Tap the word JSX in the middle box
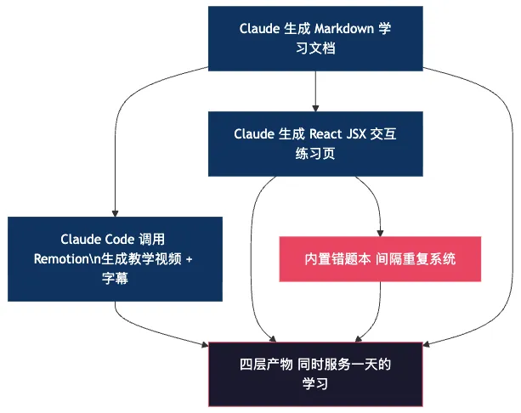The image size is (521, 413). [x=362, y=134]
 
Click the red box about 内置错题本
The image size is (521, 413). [x=380, y=258]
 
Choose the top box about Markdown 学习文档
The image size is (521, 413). [x=315, y=39]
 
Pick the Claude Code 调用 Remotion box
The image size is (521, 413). [x=115, y=258]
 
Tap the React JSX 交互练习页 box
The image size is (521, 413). [x=315, y=144]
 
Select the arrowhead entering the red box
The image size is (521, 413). [x=380, y=231]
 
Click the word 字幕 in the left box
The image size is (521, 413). [x=115, y=277]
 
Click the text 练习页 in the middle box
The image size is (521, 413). [x=315, y=154]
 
